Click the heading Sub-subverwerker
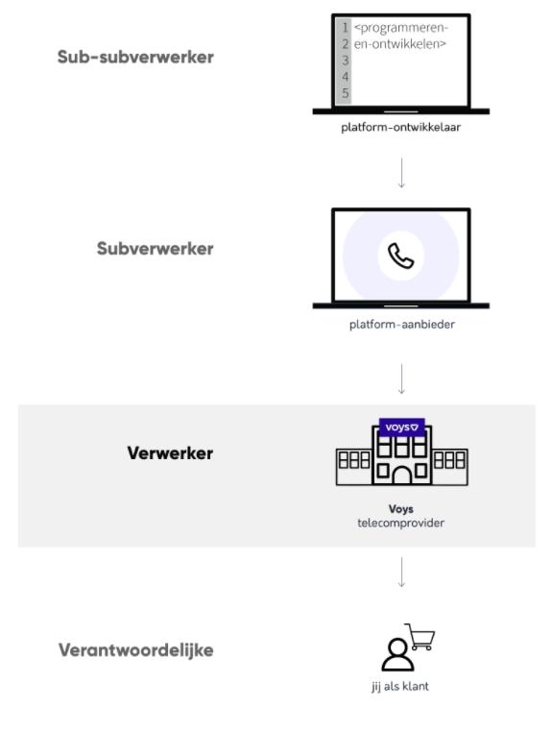point(135,57)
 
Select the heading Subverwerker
point(156,249)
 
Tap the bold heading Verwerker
point(170,453)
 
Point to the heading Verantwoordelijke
point(135,650)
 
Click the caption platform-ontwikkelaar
point(400,128)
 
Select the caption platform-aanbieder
point(401,324)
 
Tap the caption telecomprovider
point(400,523)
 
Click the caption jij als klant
point(399,686)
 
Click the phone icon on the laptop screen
point(400,256)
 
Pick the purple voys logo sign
point(401,427)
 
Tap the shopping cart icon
point(420,637)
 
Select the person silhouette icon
point(397,654)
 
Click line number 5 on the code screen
point(345,93)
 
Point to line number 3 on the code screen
point(345,61)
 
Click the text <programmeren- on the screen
point(401,28)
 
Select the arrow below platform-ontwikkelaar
point(401,173)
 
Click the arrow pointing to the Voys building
point(401,379)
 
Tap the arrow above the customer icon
point(401,572)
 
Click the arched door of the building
point(401,475)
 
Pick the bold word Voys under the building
point(400,509)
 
